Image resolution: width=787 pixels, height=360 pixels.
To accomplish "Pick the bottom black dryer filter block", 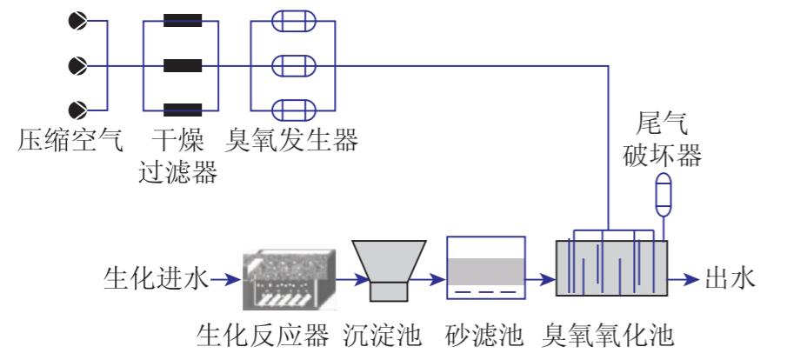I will click(183, 109).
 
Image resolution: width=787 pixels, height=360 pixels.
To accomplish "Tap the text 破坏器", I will click(664, 158).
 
